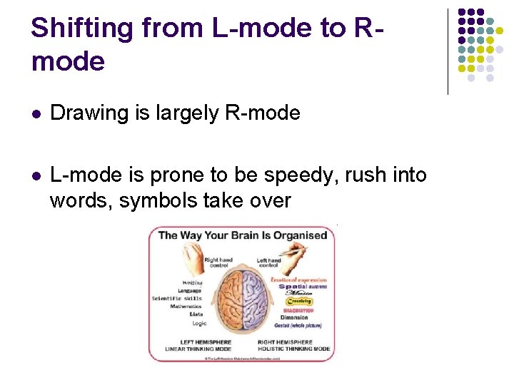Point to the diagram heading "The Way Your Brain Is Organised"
[242, 235]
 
